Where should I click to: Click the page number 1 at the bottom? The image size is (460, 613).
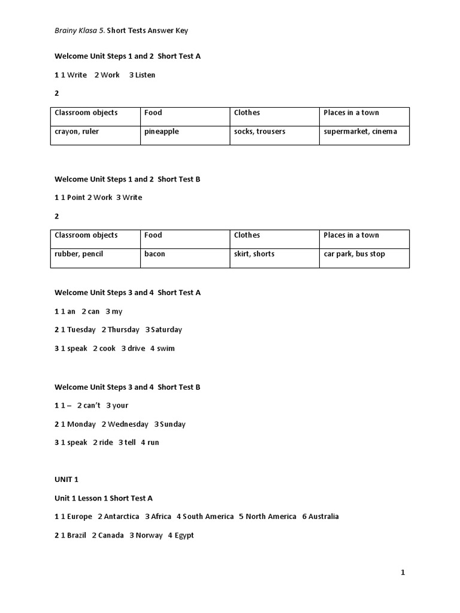[403, 573]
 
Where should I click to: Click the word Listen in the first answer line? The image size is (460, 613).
[146, 75]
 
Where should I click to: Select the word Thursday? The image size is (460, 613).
[123, 330]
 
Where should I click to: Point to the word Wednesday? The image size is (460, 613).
[128, 424]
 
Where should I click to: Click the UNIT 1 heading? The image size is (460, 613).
[66, 480]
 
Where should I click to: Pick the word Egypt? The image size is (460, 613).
[184, 535]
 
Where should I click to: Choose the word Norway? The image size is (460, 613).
[149, 535]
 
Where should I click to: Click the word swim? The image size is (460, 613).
[166, 348]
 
